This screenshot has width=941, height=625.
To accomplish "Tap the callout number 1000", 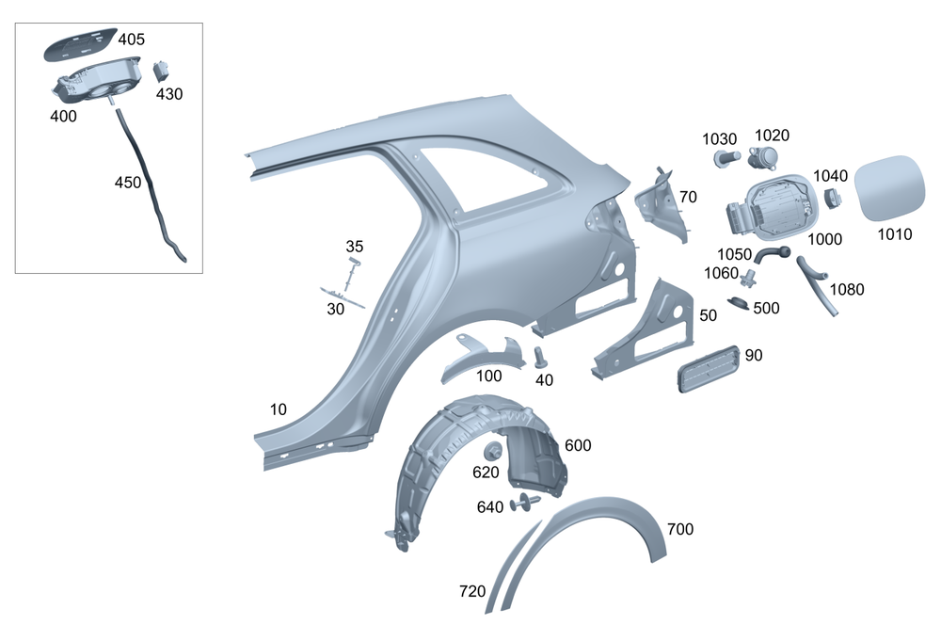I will coord(824,239).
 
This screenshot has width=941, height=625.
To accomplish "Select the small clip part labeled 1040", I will coord(832,198).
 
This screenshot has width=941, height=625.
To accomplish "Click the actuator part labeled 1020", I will coord(765,157).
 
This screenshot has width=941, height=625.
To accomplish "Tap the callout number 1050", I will coord(735,253).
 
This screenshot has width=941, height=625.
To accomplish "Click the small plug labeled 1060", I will coord(750,279).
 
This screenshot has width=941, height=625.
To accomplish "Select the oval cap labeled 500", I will coord(741,305).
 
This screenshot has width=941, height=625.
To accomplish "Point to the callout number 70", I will coord(688,197).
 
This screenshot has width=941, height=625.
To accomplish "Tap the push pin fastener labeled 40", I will coord(541,358).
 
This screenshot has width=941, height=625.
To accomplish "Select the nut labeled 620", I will coord(492,451).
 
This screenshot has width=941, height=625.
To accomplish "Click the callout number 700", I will coord(679,530).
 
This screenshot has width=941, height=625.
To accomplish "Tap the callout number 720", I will coord(472,591).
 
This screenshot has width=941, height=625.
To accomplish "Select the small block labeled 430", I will coord(162,71).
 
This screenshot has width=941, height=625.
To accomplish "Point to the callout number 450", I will coord(127,182).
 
